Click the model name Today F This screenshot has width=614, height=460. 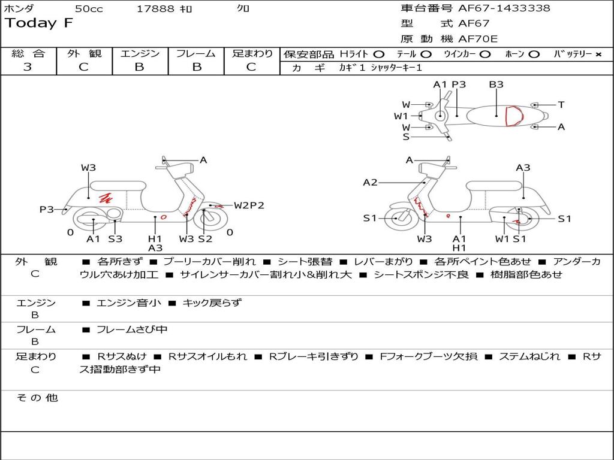[39, 24]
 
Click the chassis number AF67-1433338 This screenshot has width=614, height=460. [504, 8]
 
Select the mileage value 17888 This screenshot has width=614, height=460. [155, 9]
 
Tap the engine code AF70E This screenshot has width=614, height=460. [478, 40]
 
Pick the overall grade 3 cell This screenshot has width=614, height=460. [28, 67]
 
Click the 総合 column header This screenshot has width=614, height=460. [28, 53]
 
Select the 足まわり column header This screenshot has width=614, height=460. [252, 53]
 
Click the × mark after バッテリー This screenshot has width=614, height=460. [598, 55]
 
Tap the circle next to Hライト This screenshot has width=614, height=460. [379, 55]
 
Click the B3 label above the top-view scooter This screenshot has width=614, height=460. [496, 84]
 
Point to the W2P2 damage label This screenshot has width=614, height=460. [249, 205]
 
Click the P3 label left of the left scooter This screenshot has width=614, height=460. [47, 209]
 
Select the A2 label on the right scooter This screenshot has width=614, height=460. [370, 182]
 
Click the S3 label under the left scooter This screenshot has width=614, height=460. [115, 238]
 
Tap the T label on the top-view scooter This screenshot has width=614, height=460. [561, 105]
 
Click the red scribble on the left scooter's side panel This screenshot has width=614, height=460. [106, 197]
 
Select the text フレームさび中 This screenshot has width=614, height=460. [132, 329]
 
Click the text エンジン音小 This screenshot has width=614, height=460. [129, 303]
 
